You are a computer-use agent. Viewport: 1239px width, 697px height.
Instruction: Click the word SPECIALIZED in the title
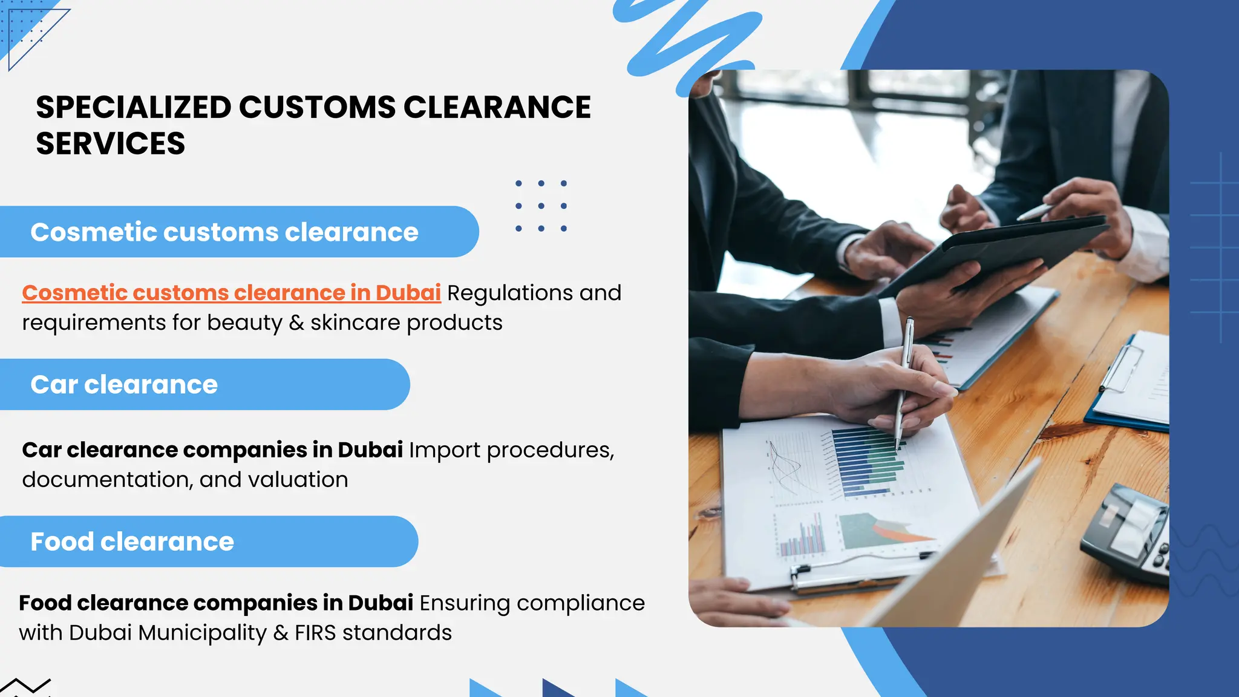click(x=133, y=108)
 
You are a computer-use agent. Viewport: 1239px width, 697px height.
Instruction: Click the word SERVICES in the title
click(x=111, y=144)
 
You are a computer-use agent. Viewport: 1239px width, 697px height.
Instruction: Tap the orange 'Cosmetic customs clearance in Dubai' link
click(x=231, y=293)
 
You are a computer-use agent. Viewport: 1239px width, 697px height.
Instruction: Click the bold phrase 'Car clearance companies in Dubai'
click(x=212, y=450)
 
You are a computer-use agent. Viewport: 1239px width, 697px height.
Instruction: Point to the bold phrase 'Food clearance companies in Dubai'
click(x=216, y=603)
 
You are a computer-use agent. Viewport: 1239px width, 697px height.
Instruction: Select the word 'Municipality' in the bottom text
click(x=202, y=633)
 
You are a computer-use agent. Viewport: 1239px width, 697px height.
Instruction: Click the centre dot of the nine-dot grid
click(x=541, y=206)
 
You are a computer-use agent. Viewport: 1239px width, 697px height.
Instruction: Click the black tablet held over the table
click(x=992, y=254)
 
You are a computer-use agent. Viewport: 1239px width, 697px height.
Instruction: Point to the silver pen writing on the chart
click(x=903, y=381)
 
